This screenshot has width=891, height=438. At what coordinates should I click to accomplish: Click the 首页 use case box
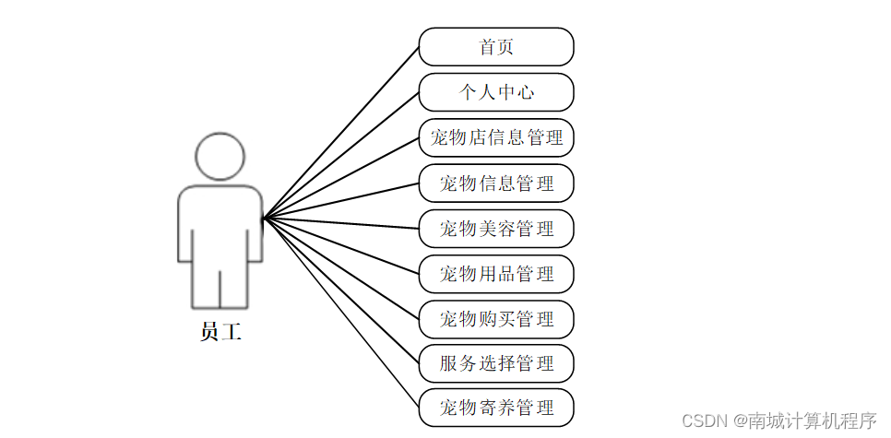[496, 47]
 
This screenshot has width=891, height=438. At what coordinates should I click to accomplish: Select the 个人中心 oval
[496, 92]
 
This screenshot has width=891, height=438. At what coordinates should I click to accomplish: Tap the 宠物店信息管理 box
[496, 137]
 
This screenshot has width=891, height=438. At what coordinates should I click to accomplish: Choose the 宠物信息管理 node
[496, 183]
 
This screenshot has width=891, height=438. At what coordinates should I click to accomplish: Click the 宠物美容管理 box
[496, 228]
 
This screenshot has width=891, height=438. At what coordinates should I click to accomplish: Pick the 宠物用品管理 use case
[496, 273]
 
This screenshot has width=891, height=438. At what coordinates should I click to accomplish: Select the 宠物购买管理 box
[496, 318]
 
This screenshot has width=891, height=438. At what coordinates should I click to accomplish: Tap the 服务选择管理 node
[496, 363]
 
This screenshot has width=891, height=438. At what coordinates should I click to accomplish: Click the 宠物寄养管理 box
[496, 408]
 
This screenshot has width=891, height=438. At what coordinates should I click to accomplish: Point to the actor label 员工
[220, 332]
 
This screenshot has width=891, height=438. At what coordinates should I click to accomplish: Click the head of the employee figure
[220, 156]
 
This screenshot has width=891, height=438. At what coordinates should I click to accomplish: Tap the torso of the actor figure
[220, 217]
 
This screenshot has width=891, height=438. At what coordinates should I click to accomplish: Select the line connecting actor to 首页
[341, 132]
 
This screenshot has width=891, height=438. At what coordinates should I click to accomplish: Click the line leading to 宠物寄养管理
[341, 314]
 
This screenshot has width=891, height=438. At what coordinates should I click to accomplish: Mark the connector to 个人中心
[341, 154]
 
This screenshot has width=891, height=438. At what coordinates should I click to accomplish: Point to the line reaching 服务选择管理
[341, 291]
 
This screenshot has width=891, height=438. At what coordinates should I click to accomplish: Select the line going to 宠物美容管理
[341, 222]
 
